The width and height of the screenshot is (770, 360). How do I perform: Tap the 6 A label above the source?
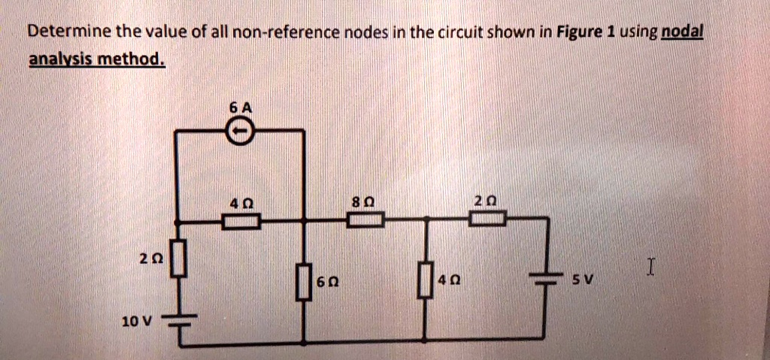242,108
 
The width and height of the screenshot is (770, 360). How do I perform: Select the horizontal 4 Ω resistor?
241,220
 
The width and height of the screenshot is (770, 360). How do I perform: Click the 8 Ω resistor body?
365,219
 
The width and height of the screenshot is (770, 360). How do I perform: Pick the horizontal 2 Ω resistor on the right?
488,219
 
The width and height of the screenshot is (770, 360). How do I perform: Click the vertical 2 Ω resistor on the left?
179,259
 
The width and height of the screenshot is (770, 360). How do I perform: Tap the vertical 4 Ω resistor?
426,281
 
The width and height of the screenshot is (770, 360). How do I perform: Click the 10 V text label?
136,321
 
